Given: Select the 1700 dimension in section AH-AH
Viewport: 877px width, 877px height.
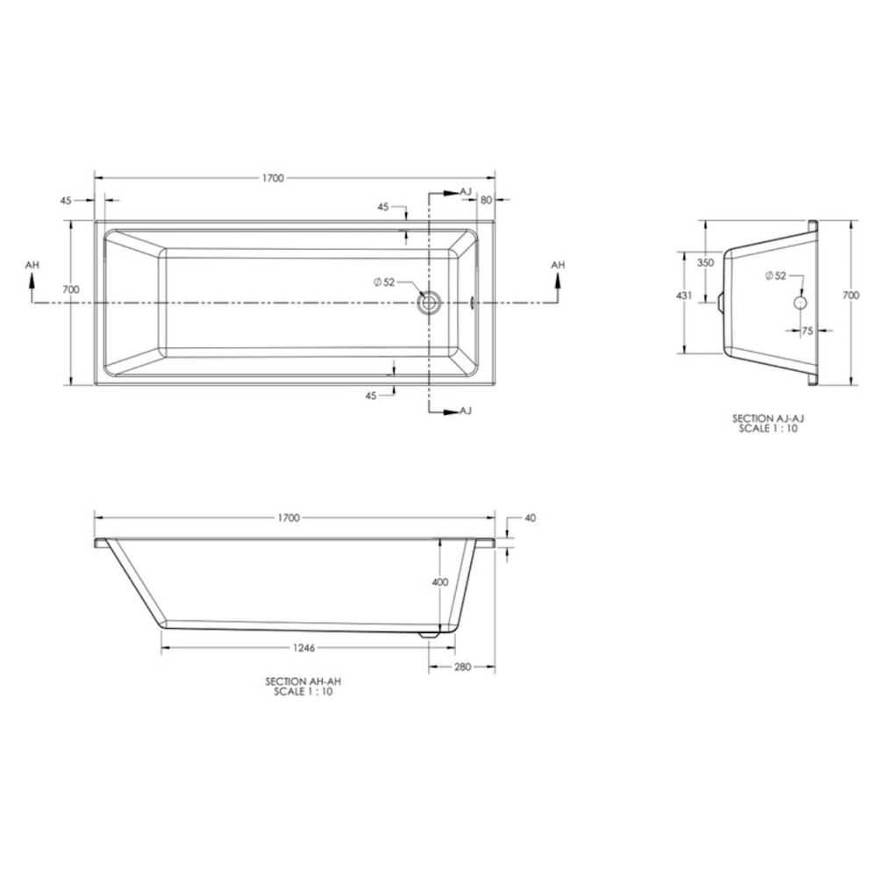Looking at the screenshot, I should pyautogui.click(x=288, y=518).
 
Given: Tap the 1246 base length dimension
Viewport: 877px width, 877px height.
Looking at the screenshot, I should pyautogui.click(x=303, y=648).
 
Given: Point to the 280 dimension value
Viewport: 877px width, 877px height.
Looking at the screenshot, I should pyautogui.click(x=462, y=667).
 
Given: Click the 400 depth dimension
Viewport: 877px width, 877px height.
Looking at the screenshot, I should pyautogui.click(x=439, y=582).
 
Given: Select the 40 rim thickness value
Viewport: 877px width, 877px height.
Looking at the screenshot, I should pyautogui.click(x=529, y=518).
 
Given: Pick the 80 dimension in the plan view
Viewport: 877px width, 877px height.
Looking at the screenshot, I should pyautogui.click(x=485, y=200).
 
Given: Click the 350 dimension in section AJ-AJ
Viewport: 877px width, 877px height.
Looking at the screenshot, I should pyautogui.click(x=705, y=262).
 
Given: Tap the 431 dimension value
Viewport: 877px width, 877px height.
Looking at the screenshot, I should pyautogui.click(x=685, y=296).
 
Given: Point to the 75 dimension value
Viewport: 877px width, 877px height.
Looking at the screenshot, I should pyautogui.click(x=807, y=331).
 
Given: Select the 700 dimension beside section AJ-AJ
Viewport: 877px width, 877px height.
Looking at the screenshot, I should pyautogui.click(x=851, y=296).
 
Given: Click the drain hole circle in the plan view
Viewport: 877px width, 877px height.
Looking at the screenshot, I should pyautogui.click(x=429, y=303).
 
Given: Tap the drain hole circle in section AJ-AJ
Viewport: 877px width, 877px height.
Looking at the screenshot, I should pyautogui.click(x=800, y=302).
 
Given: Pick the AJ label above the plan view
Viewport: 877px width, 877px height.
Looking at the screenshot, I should pyautogui.click(x=465, y=191).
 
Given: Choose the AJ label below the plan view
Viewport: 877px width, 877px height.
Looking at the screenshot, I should pyautogui.click(x=465, y=410).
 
